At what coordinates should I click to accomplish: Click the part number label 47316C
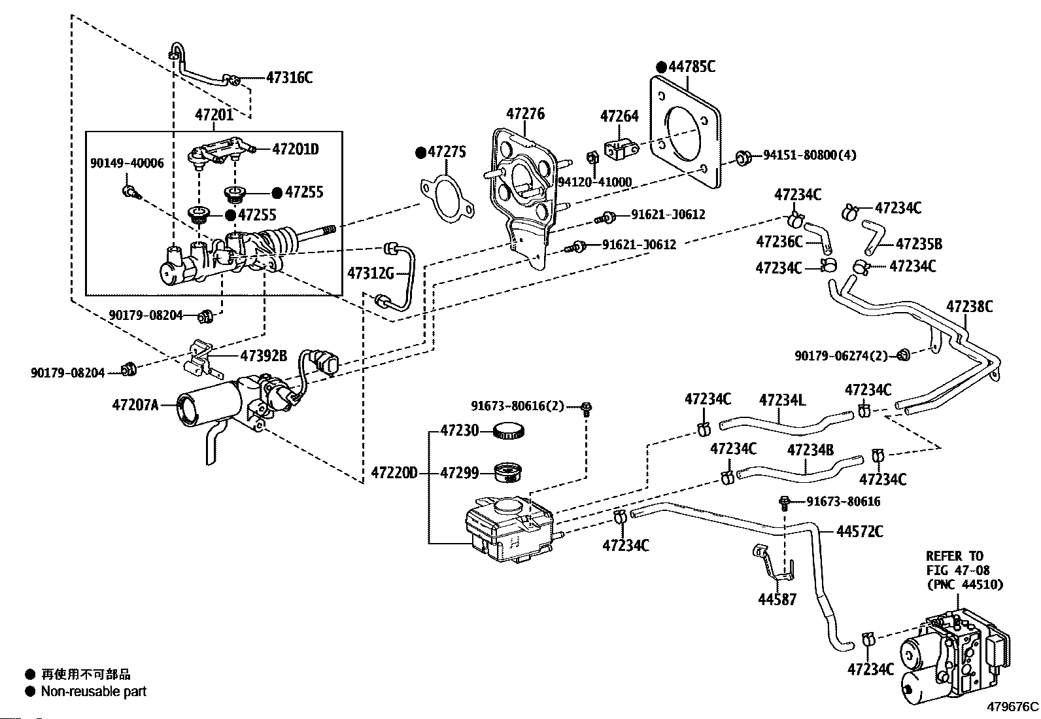(x=289, y=78)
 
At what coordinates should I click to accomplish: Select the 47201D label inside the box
(x=295, y=149)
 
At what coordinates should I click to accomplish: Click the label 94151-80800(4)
(x=810, y=156)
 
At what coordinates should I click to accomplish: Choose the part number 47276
(x=525, y=114)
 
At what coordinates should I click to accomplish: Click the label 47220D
(x=394, y=472)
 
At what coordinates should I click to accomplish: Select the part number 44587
(x=777, y=599)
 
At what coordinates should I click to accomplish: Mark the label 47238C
(x=969, y=306)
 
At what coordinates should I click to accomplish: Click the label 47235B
(x=919, y=244)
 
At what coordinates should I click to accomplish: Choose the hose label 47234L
(x=782, y=400)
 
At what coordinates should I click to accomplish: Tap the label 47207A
(x=135, y=405)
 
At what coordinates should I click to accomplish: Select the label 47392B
(x=264, y=356)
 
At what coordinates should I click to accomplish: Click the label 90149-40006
(x=127, y=163)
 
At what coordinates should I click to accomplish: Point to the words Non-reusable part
(x=94, y=691)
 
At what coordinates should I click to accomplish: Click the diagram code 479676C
(x=1013, y=707)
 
